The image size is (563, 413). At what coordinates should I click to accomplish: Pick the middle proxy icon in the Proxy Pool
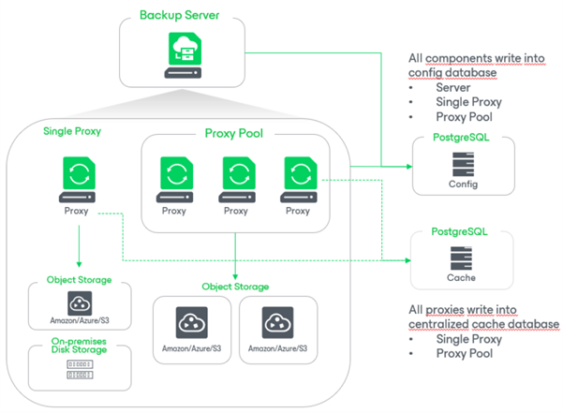coord(236,176)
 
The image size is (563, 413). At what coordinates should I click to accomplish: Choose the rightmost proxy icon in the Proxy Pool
coord(298,176)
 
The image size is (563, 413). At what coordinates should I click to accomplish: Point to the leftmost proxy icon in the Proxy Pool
coord(174,176)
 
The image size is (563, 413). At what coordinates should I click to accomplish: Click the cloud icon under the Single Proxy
coord(78,302)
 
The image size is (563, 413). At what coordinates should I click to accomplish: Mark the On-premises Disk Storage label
coord(78,346)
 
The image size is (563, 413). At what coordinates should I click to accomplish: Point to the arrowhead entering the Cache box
coord(408,259)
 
